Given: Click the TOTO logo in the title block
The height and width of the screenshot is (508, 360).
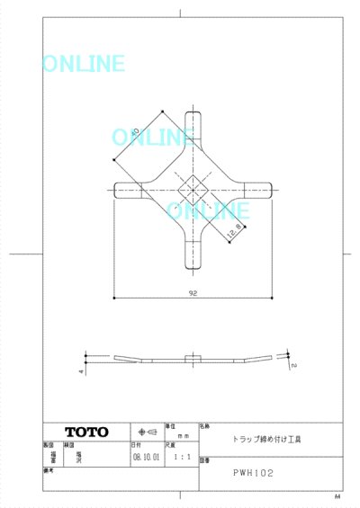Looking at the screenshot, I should pos(86,432).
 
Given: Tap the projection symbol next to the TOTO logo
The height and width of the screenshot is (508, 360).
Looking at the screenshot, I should pos(147,432).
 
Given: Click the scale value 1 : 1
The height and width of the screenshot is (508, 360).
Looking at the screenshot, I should pos(180,457).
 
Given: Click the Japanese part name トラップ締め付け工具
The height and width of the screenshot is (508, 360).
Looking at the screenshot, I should pos(268,441).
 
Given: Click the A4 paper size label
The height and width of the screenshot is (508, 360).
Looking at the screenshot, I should pos(337,496).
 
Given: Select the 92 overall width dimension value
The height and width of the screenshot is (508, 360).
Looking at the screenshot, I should pos(193,293).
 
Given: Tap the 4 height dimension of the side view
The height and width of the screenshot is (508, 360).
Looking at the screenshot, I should pos(80,370).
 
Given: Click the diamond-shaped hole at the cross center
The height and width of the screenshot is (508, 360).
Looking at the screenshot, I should pos(192,189).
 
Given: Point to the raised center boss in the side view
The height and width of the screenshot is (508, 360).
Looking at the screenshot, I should pos(192,357).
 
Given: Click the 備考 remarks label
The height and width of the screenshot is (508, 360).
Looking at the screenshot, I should pos(49,469).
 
